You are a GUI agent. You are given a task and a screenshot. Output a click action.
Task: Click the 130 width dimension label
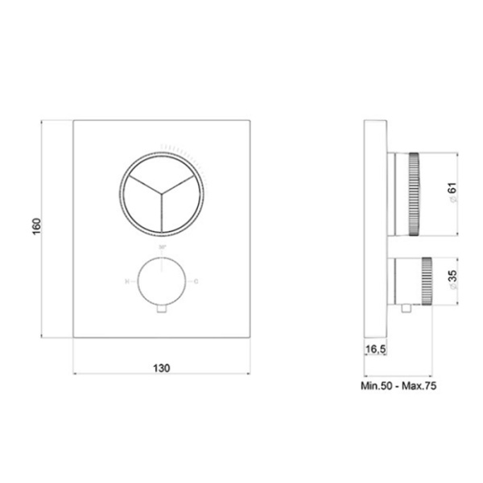pyautogui.click(x=161, y=368)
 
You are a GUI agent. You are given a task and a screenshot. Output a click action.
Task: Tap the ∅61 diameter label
pyautogui.click(x=452, y=194)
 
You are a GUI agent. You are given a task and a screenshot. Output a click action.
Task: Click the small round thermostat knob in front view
pyautogui.click(x=162, y=281)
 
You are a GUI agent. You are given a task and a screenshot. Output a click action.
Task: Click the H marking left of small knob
pyautogui.click(x=126, y=281)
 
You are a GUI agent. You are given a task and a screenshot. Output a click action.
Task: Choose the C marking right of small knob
pyautogui.click(x=196, y=281)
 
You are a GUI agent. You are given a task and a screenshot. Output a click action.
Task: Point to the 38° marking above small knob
pyautogui.click(x=162, y=246)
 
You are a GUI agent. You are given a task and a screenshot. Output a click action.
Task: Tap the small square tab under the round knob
pyautogui.click(x=162, y=308)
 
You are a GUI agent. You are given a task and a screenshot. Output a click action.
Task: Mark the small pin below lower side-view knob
pyautogui.click(x=403, y=308)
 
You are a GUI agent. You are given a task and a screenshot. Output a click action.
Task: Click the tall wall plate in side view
pyautogui.click(x=375, y=229)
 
